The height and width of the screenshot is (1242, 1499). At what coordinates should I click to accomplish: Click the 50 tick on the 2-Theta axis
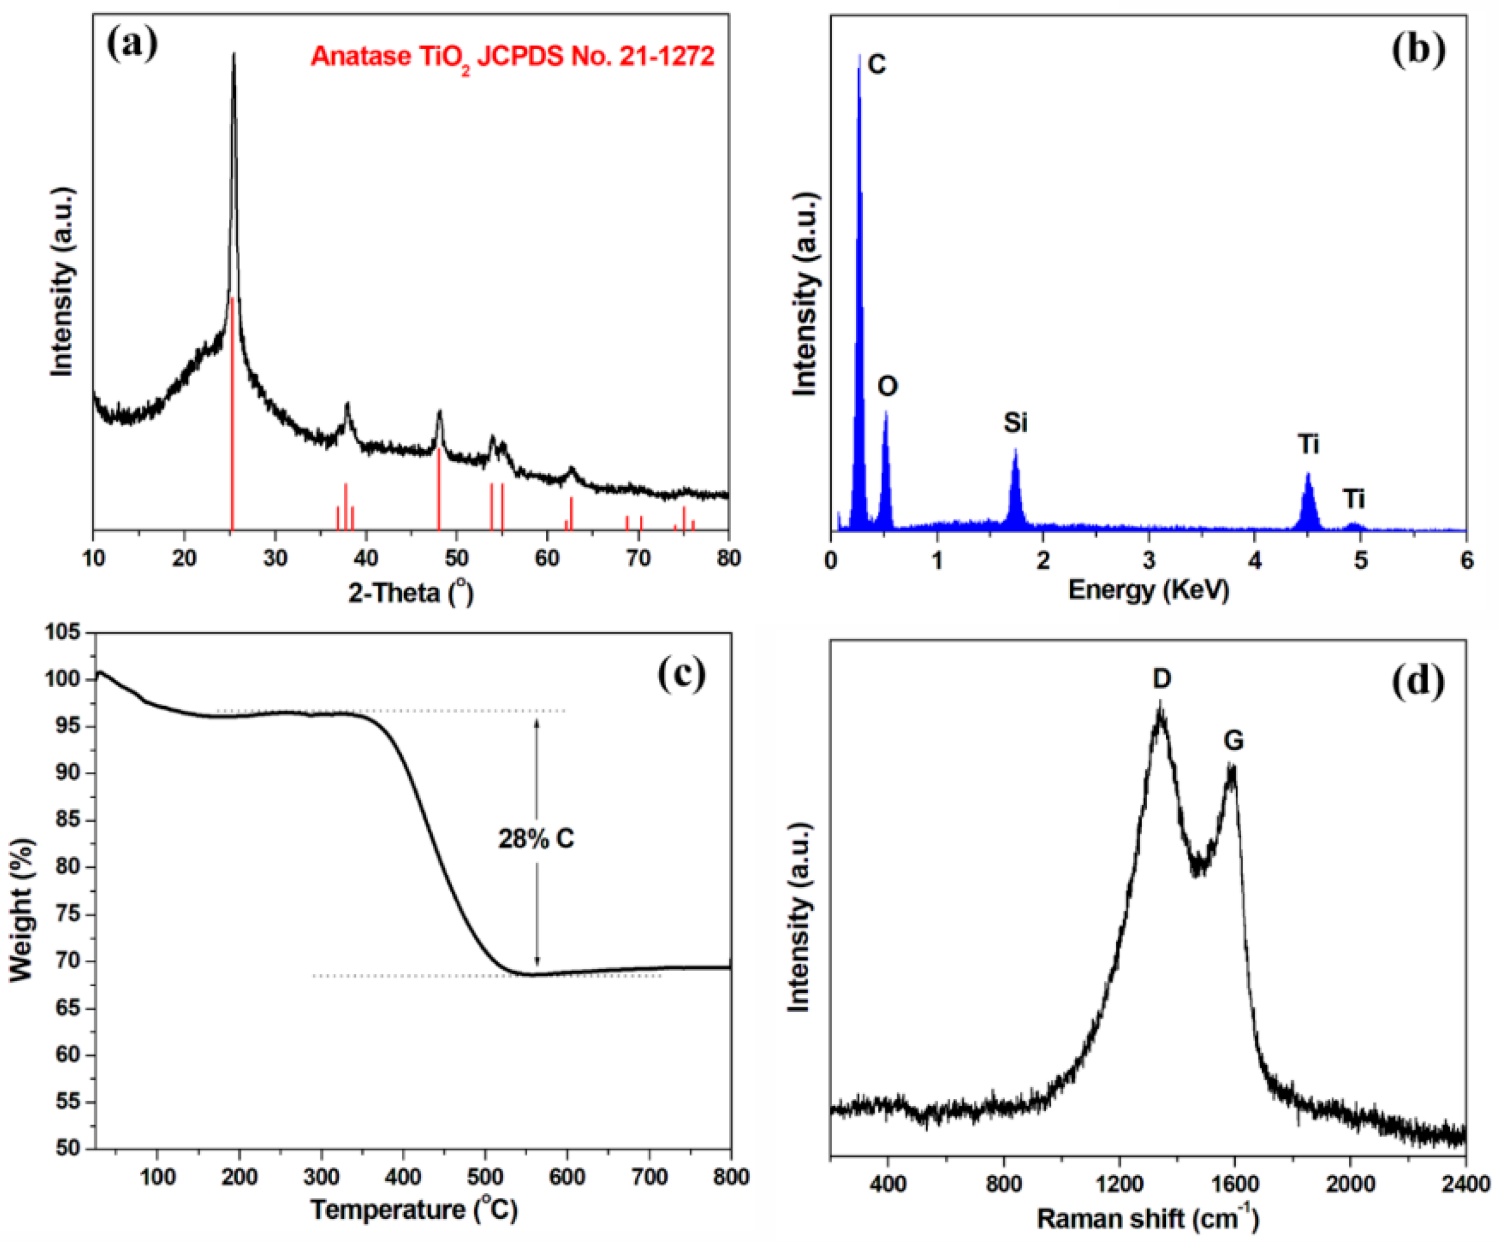[x=457, y=558]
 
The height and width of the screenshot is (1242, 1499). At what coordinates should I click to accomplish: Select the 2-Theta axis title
[x=410, y=592]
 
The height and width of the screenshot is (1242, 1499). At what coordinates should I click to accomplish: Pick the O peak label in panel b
[x=887, y=386]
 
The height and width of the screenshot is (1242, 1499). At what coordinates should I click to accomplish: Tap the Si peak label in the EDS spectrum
[x=1015, y=423]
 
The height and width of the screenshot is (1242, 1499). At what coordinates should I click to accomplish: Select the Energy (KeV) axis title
[x=1148, y=590]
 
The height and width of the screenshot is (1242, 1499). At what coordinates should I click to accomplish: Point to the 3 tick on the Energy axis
[x=1148, y=560]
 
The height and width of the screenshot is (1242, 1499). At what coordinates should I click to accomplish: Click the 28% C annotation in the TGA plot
[x=536, y=839]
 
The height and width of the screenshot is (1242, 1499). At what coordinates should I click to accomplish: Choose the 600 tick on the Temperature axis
[x=567, y=1176]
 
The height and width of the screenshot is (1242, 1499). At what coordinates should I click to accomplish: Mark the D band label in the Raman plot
[x=1161, y=679]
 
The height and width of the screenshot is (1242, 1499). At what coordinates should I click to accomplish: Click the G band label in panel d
[x=1234, y=741]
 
